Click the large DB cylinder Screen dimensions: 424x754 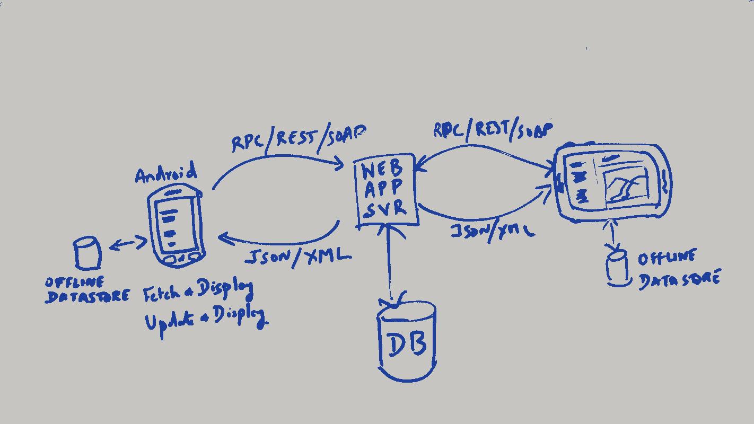(x=407, y=342)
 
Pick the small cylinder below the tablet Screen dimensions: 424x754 (x=617, y=268)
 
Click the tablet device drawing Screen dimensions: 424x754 (x=612, y=182)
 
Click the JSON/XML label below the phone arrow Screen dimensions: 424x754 (x=297, y=257)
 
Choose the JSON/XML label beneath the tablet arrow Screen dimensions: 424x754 (x=492, y=231)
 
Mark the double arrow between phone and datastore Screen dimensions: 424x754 (x=128, y=244)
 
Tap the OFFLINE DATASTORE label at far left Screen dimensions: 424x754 (x=86, y=290)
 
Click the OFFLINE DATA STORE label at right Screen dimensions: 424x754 (x=678, y=270)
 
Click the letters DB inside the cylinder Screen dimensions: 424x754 (x=407, y=345)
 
